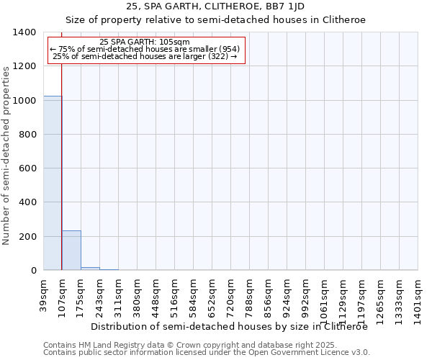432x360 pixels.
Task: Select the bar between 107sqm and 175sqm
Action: click(x=71, y=251)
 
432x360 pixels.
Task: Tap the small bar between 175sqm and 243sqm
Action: click(x=90, y=269)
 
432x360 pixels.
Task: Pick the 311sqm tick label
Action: click(x=119, y=294)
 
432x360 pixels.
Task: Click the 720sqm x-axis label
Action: click(x=231, y=294)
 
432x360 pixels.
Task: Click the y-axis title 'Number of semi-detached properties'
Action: click(x=6, y=155)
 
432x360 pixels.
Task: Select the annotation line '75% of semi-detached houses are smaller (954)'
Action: click(x=147, y=49)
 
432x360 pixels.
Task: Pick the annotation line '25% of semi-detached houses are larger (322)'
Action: click(x=147, y=56)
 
